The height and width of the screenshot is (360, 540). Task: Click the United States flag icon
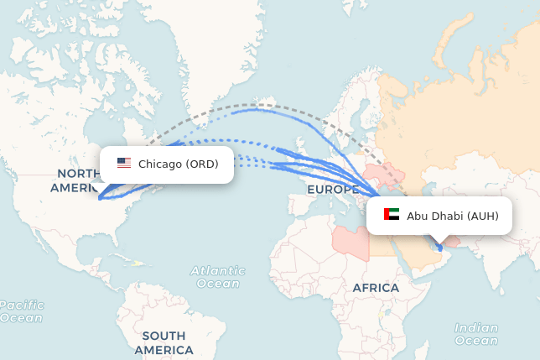(x=124, y=164)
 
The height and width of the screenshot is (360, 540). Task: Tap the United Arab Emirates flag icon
(x=392, y=216)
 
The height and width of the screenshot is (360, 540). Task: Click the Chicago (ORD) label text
(x=178, y=164)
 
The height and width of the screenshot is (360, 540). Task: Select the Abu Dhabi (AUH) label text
(x=453, y=216)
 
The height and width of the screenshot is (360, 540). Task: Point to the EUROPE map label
(x=333, y=190)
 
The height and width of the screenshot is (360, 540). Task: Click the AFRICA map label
(x=376, y=288)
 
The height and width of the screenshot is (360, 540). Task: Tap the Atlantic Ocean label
(x=218, y=277)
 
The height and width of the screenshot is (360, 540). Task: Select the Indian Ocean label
(x=475, y=334)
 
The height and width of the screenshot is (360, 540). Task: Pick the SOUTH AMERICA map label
(x=164, y=342)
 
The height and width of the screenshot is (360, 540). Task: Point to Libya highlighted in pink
(x=350, y=240)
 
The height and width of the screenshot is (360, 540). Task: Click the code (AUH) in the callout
(x=483, y=216)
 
